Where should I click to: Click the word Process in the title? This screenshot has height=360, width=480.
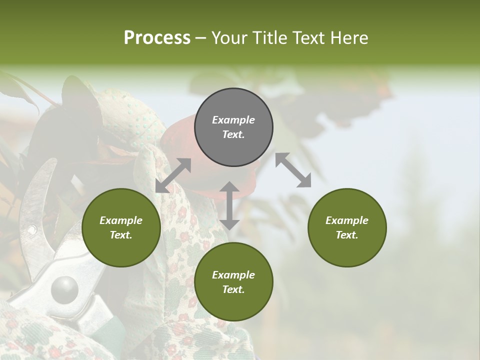point(157,38)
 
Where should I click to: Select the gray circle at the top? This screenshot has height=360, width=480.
point(233,127)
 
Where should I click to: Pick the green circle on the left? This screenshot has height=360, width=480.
point(121,227)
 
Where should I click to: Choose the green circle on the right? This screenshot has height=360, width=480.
point(347,227)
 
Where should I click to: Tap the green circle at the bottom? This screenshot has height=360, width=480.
point(233,282)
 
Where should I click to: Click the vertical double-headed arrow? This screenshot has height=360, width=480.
point(229,205)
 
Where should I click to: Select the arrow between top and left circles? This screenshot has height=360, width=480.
point(173,175)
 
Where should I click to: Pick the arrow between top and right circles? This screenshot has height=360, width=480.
point(293,170)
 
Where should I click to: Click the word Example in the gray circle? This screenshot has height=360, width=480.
point(233,120)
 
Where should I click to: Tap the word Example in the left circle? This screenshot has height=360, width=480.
point(121,220)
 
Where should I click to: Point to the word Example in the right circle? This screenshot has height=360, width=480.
point(347,220)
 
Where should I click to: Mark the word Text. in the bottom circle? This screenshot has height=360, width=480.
point(233,289)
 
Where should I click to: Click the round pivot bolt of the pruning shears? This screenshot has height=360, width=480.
point(64,288)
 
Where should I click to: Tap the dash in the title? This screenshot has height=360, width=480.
point(201,38)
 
